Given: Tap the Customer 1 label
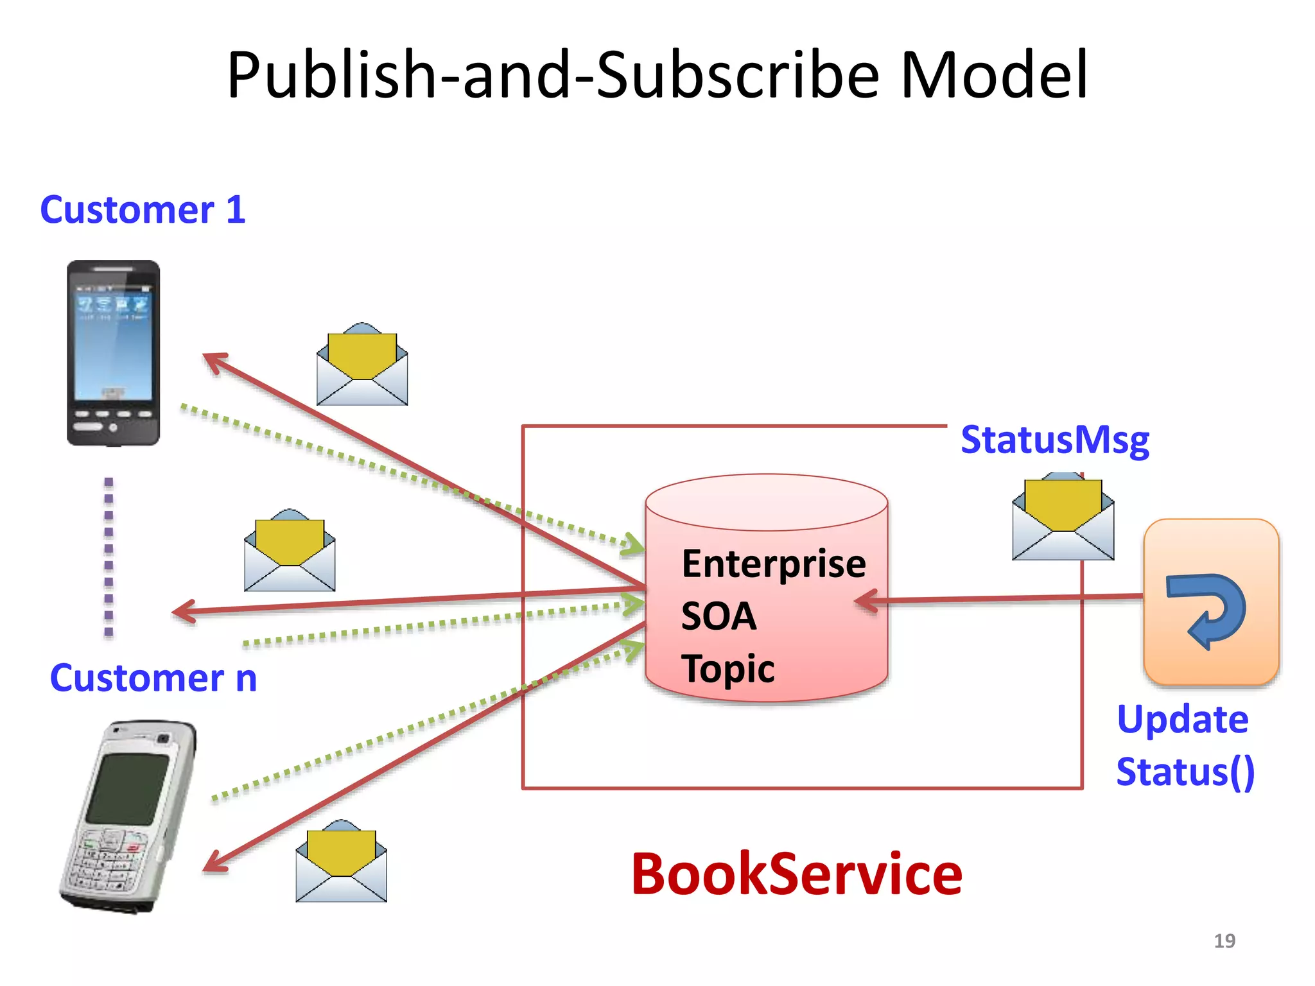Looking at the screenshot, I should click(x=143, y=210).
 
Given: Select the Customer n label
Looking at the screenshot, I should click(x=153, y=678).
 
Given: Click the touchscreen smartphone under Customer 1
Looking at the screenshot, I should click(x=114, y=353).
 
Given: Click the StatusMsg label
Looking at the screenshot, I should click(x=1054, y=440).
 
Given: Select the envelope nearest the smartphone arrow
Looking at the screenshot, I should click(x=362, y=365).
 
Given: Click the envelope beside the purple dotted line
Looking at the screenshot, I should click(x=290, y=551).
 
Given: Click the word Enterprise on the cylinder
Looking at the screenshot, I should click(x=774, y=564).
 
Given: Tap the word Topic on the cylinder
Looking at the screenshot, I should click(x=727, y=669).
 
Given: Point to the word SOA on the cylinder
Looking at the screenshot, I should click(x=718, y=616).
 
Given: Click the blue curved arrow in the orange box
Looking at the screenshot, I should click(x=1207, y=610).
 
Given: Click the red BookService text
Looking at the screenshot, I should click(x=796, y=874).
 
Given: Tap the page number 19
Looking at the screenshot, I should click(x=1224, y=940).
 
